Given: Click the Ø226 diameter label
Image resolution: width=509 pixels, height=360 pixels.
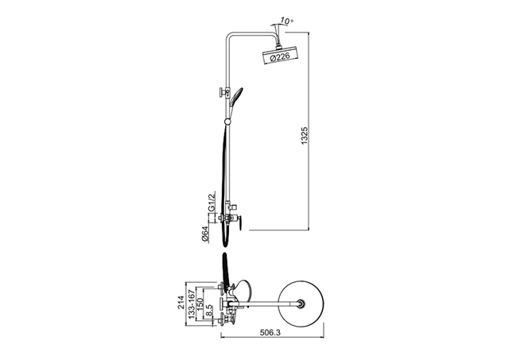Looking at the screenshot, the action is pos(279,57).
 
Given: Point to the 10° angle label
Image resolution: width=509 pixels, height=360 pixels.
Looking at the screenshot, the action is pos(286,21).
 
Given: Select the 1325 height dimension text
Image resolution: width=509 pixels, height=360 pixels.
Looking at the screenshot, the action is pos(304,136).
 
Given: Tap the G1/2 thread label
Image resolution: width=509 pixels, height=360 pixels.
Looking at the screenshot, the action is pos(212,202).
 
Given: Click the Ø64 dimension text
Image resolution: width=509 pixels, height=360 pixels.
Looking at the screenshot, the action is pos(205,234).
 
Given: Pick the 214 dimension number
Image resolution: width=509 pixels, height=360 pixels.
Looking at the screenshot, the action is pos(181,302).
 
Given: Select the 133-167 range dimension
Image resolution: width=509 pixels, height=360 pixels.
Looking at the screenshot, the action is pos(192,304).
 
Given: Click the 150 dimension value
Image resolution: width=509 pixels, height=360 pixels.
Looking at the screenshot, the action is pos(200,304).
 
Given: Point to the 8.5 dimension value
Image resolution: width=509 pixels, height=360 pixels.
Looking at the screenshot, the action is pos(209,311).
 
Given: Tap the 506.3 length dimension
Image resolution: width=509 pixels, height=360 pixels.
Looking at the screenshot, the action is pos(270,333).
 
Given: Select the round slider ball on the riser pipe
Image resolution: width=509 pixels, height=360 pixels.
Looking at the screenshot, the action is pos(228,122).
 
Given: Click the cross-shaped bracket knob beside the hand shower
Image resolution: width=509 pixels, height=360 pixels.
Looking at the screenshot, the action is pos(222,92).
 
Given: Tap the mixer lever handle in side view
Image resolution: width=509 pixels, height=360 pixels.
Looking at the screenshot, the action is pos(240,224).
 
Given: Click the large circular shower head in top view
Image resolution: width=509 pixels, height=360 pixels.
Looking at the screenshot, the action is pos(302,304).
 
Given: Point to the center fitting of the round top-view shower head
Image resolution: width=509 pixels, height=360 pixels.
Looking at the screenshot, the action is pos(302,304).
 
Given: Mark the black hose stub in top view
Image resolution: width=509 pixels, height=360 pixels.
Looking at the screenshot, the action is pos(225,268).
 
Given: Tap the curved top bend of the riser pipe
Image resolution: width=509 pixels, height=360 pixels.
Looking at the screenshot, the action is pos(230,35).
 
